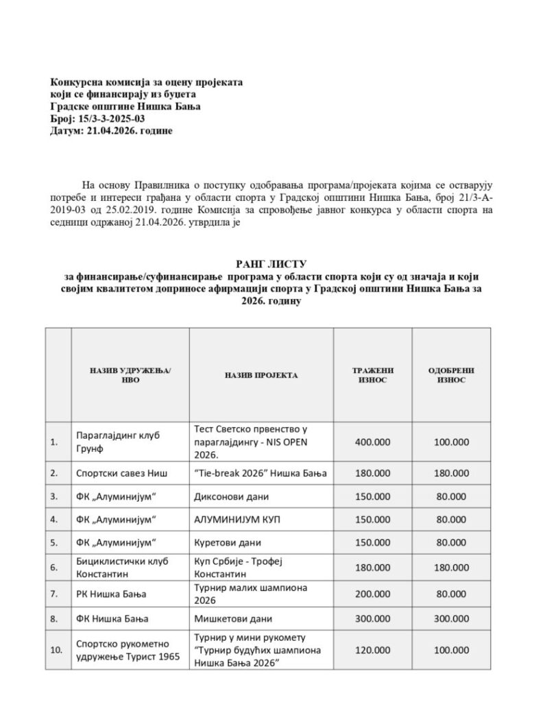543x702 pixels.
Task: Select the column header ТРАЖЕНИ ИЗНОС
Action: [372, 374]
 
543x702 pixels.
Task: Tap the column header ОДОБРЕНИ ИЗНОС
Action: [450, 374]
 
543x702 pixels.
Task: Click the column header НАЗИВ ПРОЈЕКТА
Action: [261, 375]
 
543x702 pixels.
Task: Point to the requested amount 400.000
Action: [372, 442]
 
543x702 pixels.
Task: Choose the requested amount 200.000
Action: [372, 594]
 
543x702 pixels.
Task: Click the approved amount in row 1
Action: [450, 442]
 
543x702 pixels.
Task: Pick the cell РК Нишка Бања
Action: [112, 594]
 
